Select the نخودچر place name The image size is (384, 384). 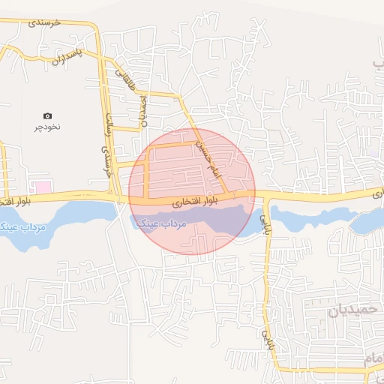pyautogui.click(x=46, y=127)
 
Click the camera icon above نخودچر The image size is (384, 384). pyautogui.click(x=47, y=115)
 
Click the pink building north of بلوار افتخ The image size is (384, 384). pyautogui.click(x=43, y=185)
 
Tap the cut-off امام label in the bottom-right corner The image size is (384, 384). pyautogui.click(x=374, y=362)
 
